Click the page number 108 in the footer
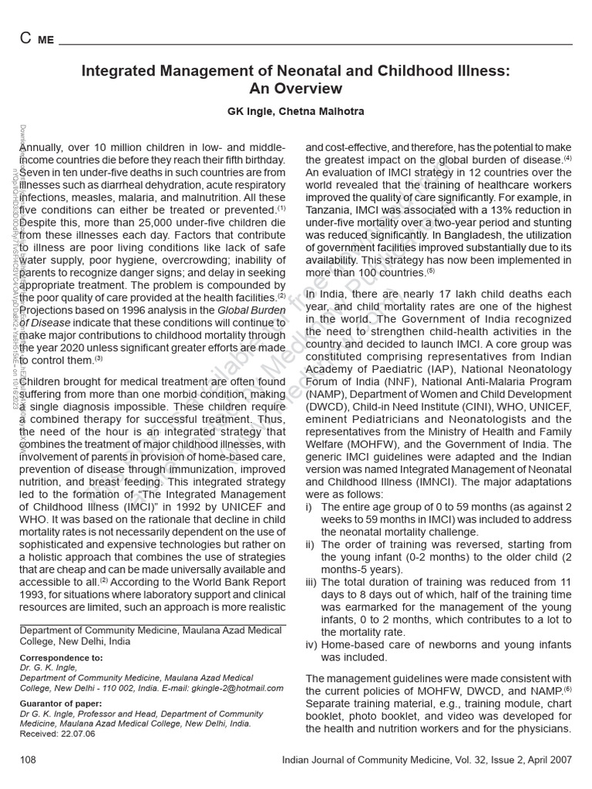(29, 760)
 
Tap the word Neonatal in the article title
(313, 72)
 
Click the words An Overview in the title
(296, 89)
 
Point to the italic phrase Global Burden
(251, 310)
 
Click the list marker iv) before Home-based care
(312, 644)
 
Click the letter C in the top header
(25, 39)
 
